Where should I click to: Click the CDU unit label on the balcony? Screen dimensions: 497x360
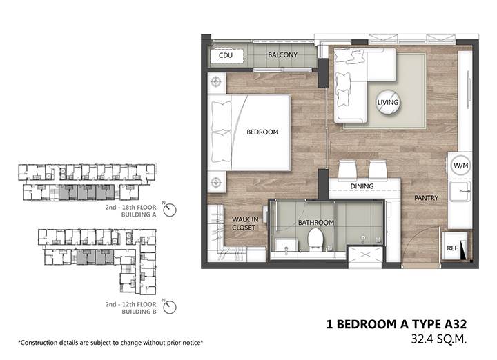pos(226,55)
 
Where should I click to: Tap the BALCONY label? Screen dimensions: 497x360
pos(283,54)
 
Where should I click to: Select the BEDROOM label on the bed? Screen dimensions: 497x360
pos(262,132)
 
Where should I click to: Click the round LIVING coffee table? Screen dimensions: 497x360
pos(388,102)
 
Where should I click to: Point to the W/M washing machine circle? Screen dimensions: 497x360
pos(460,166)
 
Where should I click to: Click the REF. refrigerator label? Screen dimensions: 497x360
pos(453,248)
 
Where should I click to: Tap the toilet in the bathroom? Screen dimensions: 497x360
pos(315,240)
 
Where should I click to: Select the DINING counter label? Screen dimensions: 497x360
pos(362,186)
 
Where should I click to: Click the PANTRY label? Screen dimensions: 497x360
pos(426,198)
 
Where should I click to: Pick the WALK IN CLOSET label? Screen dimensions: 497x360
pos(244,223)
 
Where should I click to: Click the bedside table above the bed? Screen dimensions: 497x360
pos(217,83)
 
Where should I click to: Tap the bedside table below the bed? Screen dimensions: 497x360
pos(217,182)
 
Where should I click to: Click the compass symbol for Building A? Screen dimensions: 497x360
pos(170,210)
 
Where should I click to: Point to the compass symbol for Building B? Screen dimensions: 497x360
pos(170,307)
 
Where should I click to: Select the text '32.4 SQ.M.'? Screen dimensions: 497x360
pos(439,339)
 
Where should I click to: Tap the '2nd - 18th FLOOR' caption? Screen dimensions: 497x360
pos(131,208)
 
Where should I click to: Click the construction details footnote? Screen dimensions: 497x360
pos(110,343)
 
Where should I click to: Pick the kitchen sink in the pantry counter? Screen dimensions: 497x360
pos(460,191)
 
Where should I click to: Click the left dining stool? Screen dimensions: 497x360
pos(347,170)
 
